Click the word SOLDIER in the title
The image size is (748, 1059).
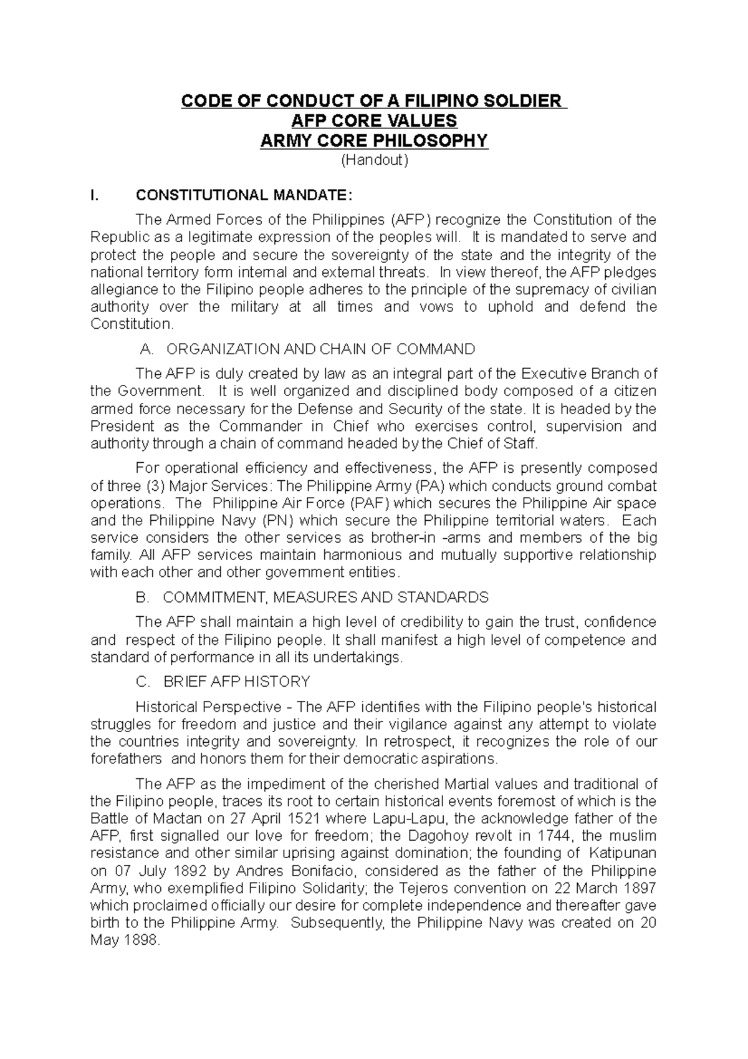(519, 100)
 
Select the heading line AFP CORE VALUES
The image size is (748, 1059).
(374, 120)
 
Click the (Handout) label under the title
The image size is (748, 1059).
(374, 160)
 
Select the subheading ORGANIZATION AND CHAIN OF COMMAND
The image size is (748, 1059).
(320, 349)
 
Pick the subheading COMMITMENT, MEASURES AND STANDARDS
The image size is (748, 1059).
(325, 597)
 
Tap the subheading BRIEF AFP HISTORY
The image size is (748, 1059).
(236, 682)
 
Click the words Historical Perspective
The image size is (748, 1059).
(208, 707)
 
